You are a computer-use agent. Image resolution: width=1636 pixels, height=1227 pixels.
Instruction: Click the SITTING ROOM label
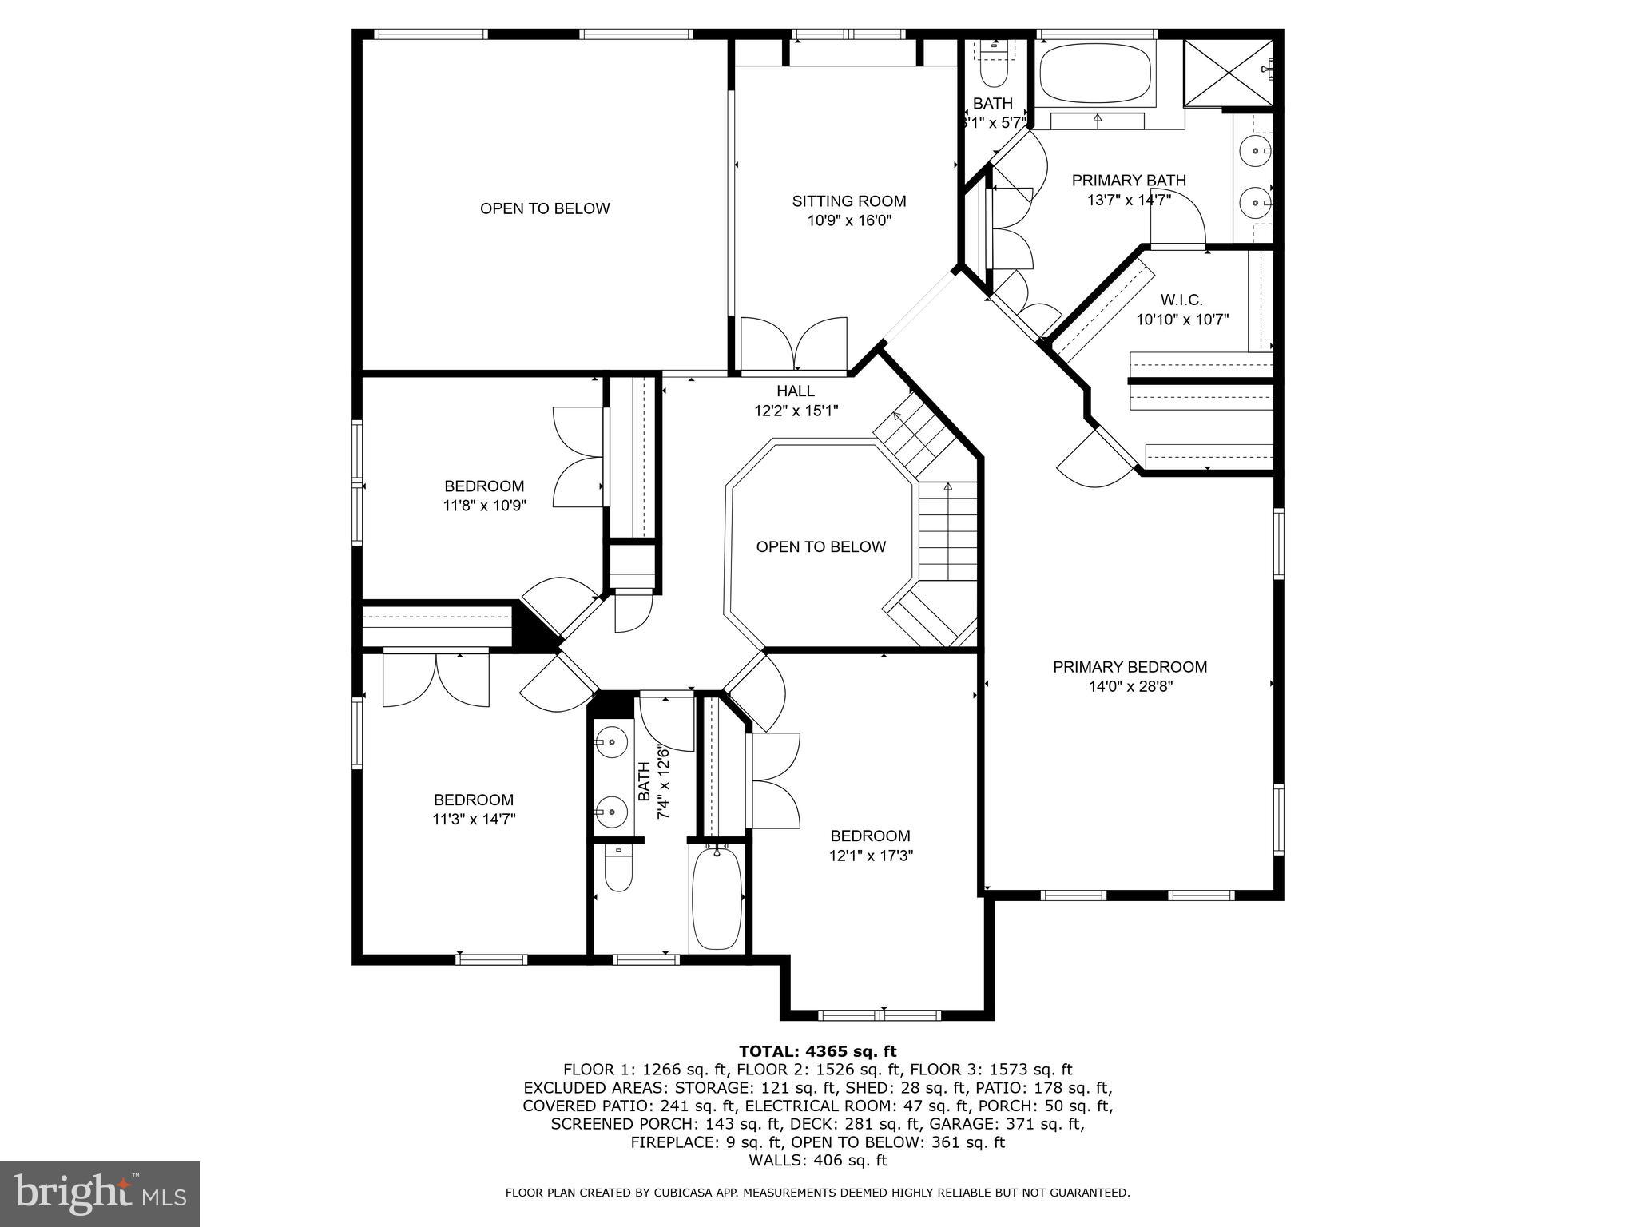pos(848,201)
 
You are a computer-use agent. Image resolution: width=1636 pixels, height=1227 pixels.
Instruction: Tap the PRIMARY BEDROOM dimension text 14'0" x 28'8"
pos(1130,686)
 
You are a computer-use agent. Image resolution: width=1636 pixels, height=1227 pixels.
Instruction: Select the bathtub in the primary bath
pos(1096,73)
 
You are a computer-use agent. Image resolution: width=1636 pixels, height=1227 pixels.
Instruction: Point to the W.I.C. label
pos(1181,300)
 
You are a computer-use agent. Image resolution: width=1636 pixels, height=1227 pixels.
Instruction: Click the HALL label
pos(796,391)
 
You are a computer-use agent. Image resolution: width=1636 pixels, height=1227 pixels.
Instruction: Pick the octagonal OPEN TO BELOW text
pos(820,547)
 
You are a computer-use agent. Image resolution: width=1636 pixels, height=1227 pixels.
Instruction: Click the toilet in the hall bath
pos(618,872)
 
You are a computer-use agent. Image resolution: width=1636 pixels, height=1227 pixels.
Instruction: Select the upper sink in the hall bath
pos(611,742)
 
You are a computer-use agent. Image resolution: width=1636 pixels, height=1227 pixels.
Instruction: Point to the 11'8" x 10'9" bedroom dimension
pos(484,506)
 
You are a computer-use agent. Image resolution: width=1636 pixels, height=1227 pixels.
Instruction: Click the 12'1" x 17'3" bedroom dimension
pos(870,856)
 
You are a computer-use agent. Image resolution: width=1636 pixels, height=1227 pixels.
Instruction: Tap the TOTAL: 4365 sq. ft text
pos(817,1051)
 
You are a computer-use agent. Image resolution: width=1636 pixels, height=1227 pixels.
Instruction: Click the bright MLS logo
pos(99,1193)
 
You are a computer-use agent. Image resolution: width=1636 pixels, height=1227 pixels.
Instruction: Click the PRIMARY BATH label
pos(1129,181)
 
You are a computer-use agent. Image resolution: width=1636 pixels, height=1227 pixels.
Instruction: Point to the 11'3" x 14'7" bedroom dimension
pos(474,819)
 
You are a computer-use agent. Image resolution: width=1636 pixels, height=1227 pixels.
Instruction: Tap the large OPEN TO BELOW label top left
pos(545,208)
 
